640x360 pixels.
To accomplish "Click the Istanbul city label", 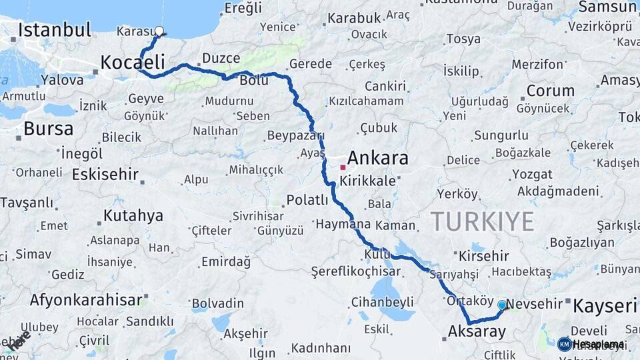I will coord(55,29).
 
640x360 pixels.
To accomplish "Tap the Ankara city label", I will coord(378,159).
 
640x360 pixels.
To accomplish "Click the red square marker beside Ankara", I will coord(343,167).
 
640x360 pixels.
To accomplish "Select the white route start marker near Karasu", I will coord(159,30).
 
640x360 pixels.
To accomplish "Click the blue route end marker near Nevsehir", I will coord(502,305).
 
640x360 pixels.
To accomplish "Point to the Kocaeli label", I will coord(132,63).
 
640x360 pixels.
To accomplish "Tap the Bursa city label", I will coord(48,128).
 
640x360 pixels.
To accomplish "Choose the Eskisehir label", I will coord(105,175).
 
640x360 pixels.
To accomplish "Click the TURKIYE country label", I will coord(482,221).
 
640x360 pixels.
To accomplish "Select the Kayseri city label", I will coord(605,306).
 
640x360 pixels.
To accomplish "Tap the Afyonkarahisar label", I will coord(87,300).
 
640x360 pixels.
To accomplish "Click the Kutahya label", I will coord(133,216).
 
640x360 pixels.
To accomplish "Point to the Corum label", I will coord(551,91).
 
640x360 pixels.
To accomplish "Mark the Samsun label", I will coord(607,7).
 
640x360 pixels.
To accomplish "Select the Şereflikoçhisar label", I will coord(356,272).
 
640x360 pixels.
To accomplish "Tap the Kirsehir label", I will coord(484,256).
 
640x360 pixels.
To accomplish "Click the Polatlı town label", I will coord(307,200).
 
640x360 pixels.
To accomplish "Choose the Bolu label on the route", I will coord(254,80).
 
